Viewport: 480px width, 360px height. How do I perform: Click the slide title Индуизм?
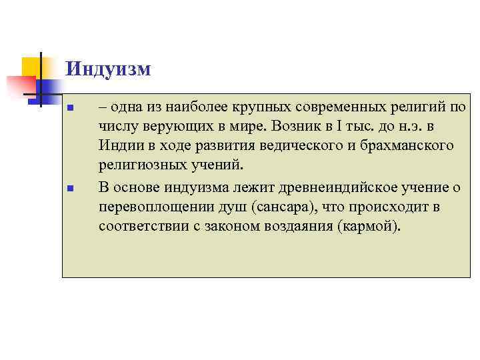[x=109, y=69]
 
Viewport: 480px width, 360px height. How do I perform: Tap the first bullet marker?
[x=79, y=108]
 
